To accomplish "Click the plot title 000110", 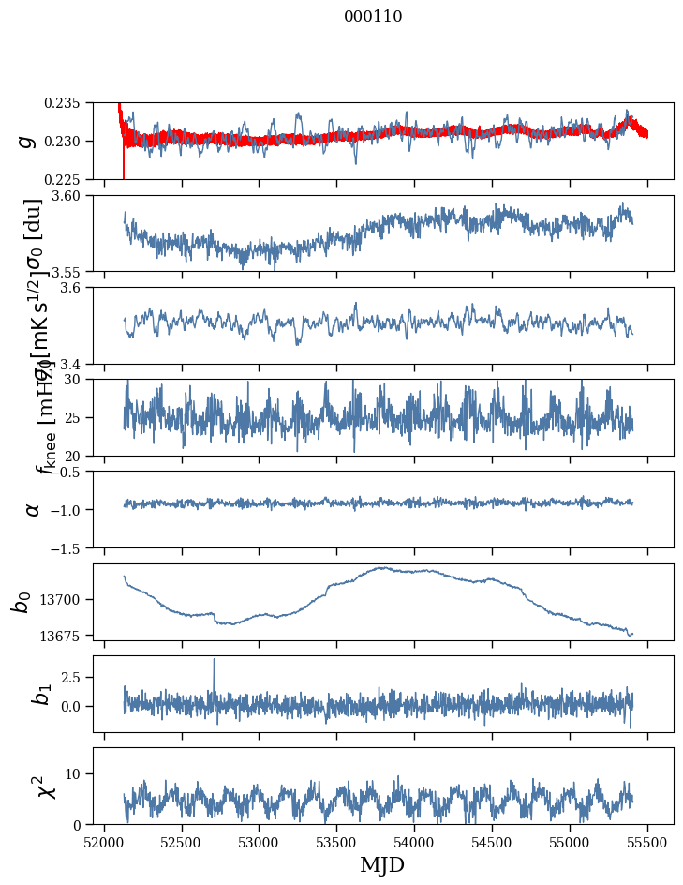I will coord(373,16).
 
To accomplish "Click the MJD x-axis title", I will coord(382,865).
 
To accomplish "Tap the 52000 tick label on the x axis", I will coord(104,842).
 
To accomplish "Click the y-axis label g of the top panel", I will coord(27,141).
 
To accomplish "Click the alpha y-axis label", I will coord(33,508).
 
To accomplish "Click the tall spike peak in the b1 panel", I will coord(214,659).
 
